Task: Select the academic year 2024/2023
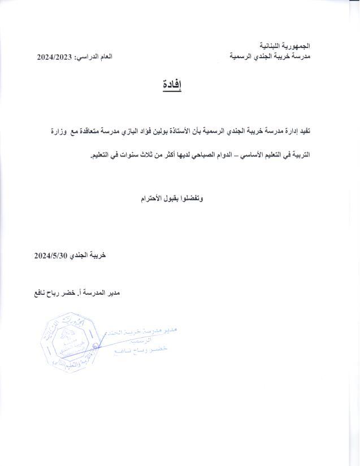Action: click(x=55, y=57)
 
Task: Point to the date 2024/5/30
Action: click(x=51, y=256)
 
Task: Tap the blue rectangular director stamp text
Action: click(x=142, y=341)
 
